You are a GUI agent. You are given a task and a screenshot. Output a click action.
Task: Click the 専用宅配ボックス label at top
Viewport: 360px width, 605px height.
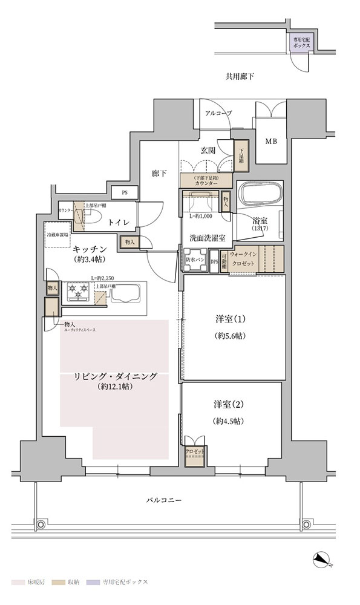pyautogui.click(x=301, y=42)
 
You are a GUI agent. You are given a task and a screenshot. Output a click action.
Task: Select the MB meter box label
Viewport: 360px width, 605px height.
pyautogui.click(x=271, y=142)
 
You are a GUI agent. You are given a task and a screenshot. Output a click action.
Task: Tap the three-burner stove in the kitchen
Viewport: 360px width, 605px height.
pyautogui.click(x=80, y=292)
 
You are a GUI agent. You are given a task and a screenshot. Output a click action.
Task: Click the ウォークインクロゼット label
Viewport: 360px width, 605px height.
pyautogui.click(x=246, y=260)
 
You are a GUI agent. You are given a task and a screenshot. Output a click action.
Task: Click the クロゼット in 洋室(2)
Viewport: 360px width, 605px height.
pyautogui.click(x=195, y=451)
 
